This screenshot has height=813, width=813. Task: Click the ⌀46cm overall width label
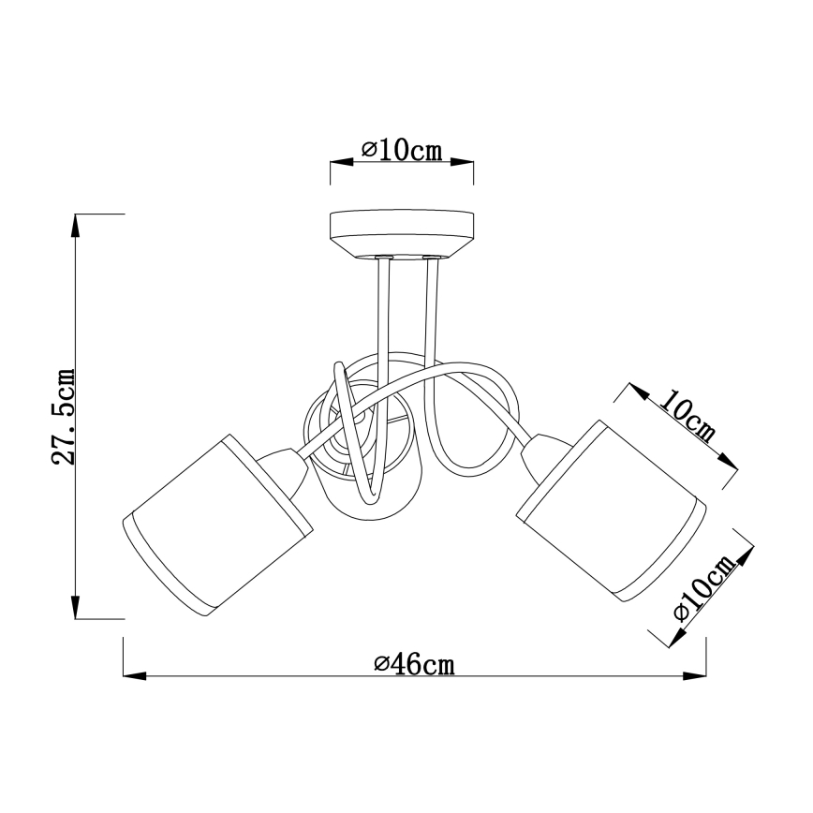click(413, 664)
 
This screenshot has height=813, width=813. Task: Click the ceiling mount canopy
click(402, 233)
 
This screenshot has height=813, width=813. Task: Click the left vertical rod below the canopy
click(384, 309)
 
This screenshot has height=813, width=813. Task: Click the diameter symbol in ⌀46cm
click(380, 664)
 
